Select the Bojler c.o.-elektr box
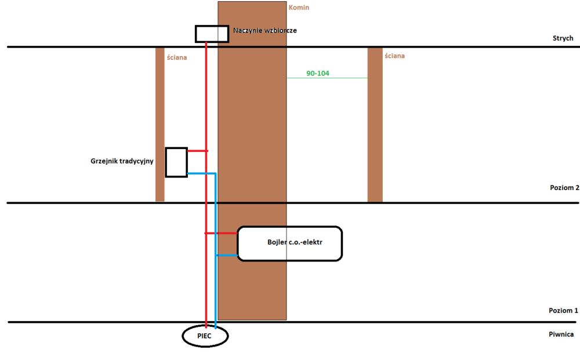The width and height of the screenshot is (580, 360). click(290, 243)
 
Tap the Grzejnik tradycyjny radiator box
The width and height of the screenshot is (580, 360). click(176, 162)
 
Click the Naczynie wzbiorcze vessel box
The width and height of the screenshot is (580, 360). click(211, 34)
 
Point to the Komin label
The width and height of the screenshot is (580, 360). click(299, 8)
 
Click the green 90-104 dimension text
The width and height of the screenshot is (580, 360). click(318, 74)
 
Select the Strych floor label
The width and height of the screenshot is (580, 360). click(563, 38)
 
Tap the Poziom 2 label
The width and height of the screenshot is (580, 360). click(564, 188)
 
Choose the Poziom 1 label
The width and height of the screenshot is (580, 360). click(564, 311)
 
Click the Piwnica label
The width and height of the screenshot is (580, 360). click(562, 334)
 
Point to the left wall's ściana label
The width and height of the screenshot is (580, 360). click(176, 57)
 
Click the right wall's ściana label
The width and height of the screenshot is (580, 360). click(394, 56)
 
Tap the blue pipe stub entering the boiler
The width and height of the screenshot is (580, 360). click(227, 255)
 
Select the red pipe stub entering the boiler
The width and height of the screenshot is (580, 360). click(222, 233)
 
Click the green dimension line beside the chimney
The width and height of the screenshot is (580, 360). click(342, 78)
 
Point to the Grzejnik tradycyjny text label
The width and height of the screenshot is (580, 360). click(122, 161)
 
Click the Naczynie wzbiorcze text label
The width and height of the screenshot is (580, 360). click(264, 30)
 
